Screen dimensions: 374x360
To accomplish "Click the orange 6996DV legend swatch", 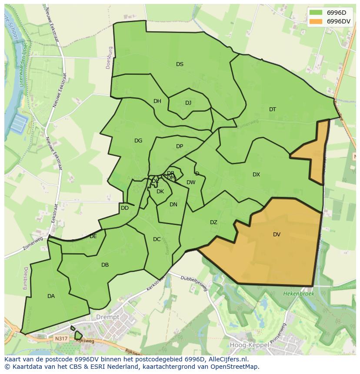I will [x=316, y=21].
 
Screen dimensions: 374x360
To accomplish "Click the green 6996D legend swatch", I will [x=316, y=12].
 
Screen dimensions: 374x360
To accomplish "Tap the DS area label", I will [x=180, y=64].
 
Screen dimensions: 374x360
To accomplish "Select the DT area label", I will [x=272, y=109].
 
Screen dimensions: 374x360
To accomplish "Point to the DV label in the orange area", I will [x=277, y=235].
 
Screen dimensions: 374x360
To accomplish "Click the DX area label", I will [x=256, y=175].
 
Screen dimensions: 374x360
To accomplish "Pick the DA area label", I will [x=51, y=296].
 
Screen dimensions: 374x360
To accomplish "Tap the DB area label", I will [x=105, y=265].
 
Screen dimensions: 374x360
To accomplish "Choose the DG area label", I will [x=138, y=141].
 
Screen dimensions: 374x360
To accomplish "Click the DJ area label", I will [x=188, y=103].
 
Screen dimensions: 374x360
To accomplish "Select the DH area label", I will [x=157, y=101].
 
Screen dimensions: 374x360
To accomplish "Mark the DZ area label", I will [x=213, y=222].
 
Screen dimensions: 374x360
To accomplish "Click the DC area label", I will [x=157, y=239].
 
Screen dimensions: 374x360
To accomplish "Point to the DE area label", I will [x=93, y=236].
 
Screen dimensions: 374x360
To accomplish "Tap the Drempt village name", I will [x=107, y=317].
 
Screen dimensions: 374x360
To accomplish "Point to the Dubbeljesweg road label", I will [x=195, y=283].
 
